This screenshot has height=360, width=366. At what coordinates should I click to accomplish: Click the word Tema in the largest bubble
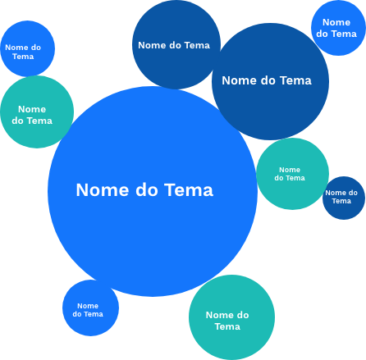pyautogui.click(x=189, y=190)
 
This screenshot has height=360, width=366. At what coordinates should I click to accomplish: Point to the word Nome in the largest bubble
pyautogui.click(x=103, y=190)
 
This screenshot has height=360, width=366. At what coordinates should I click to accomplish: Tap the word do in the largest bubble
pyautogui.click(x=147, y=190)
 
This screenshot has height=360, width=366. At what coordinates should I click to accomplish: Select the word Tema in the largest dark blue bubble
pyautogui.click(x=296, y=80)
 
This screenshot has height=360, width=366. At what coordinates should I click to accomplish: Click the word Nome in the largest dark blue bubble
pyautogui.click(x=239, y=80)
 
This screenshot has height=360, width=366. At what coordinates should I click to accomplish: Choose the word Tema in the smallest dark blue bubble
pyautogui.click(x=341, y=201)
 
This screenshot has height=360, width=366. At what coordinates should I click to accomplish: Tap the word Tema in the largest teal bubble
pyautogui.click(x=227, y=326)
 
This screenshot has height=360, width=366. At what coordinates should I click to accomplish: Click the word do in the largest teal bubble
pyautogui.click(x=243, y=315)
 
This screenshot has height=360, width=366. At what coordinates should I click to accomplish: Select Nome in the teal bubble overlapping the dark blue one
pyautogui.click(x=290, y=170)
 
